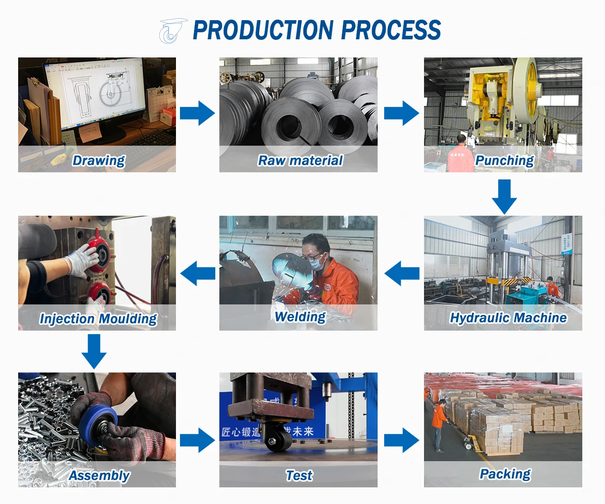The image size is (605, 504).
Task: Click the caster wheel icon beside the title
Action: [171, 31]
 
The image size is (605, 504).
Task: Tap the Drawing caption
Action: [98, 160]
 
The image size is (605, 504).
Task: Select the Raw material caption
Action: [300, 160]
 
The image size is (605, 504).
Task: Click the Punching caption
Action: [504, 160]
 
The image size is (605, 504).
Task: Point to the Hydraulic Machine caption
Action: [508, 318]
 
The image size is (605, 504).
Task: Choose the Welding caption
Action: [300, 317]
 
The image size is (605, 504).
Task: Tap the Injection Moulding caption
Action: [98, 319]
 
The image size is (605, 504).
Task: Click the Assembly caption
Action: [99, 475]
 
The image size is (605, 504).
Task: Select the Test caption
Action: [299, 475]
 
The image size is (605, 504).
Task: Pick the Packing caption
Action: [505, 474]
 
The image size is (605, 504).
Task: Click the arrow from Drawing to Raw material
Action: [197, 113]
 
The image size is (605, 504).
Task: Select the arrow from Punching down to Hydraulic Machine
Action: [504, 197]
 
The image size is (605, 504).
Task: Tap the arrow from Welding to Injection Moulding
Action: [198, 274]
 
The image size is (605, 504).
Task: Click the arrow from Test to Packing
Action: [401, 440]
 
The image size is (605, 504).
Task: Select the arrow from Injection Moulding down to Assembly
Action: [94, 351]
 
